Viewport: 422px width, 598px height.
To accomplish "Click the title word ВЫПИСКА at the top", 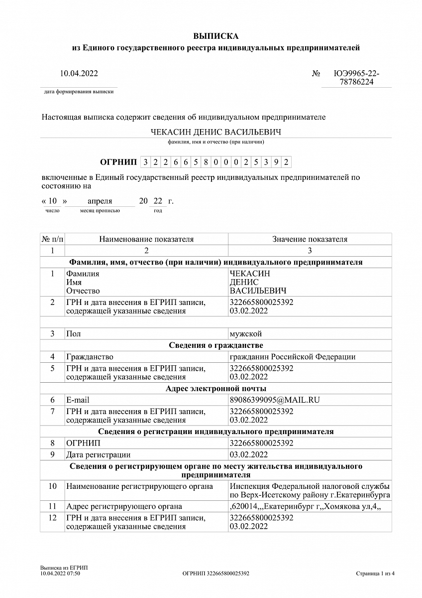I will (x=216, y=36).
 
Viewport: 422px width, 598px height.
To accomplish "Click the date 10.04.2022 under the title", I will (x=79, y=74).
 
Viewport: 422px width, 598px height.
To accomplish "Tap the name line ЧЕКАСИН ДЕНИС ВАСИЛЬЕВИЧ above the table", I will (x=216, y=132).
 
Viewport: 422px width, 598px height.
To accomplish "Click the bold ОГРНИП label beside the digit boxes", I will (x=118, y=162).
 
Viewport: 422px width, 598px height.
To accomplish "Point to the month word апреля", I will (x=100, y=201).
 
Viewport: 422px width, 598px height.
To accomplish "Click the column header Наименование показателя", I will (x=146, y=239).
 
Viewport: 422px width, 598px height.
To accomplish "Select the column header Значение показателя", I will (x=310, y=239).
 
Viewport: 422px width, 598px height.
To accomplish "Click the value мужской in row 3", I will (x=246, y=334).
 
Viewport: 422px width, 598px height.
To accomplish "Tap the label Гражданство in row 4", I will (x=90, y=357).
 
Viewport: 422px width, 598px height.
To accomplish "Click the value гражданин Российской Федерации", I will (x=293, y=357).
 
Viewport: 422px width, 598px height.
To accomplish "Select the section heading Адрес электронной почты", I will (x=216, y=389).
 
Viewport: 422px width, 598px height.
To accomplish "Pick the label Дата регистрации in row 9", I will (x=99, y=454).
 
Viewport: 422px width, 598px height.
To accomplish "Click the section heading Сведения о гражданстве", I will (x=216, y=345).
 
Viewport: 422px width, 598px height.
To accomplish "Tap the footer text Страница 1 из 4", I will (x=376, y=574).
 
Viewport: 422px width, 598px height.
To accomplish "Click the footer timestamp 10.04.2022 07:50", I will (x=60, y=574).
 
